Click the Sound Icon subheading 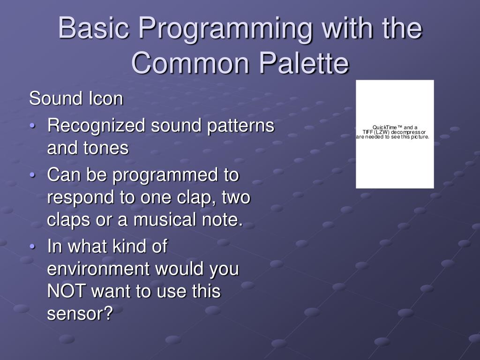click(76, 99)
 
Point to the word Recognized click(97, 126)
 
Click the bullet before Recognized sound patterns click(32, 127)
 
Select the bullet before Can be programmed click(32, 176)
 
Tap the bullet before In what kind click(32, 247)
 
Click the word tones click(107, 149)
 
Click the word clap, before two click(196, 198)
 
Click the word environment click(98, 270)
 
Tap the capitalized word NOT click(67, 292)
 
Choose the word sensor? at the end click(80, 314)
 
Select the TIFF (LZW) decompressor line click(394, 132)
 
